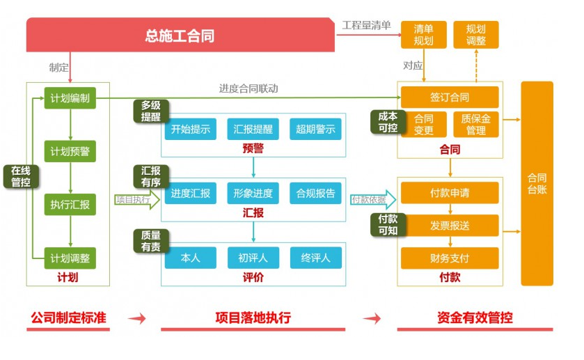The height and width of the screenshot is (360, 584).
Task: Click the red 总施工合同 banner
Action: [x=180, y=36]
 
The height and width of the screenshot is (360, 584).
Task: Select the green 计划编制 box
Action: [x=70, y=98]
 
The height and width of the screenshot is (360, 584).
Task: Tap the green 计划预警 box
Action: [x=70, y=151]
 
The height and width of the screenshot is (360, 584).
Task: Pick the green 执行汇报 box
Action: [x=70, y=205]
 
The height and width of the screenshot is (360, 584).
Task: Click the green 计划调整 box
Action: [x=70, y=258]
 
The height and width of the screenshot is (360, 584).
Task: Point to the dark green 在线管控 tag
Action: [x=20, y=176]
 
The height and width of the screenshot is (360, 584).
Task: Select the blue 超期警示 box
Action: [x=315, y=129]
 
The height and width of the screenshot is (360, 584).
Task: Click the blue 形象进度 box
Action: [x=253, y=194]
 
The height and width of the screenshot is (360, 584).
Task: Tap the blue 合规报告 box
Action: [x=315, y=194]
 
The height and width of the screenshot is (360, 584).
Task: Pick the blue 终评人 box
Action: [x=315, y=258]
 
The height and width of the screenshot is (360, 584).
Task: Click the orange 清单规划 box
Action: [x=423, y=35]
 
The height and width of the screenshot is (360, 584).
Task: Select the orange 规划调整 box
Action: [x=476, y=35]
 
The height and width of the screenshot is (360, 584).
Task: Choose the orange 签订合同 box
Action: [x=449, y=97]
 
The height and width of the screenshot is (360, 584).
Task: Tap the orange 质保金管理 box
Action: [x=476, y=125]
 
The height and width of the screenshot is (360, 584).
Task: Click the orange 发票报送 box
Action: [x=449, y=226]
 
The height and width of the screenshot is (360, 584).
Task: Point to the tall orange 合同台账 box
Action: [x=537, y=183]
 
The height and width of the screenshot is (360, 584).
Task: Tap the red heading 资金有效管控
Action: [x=475, y=318]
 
